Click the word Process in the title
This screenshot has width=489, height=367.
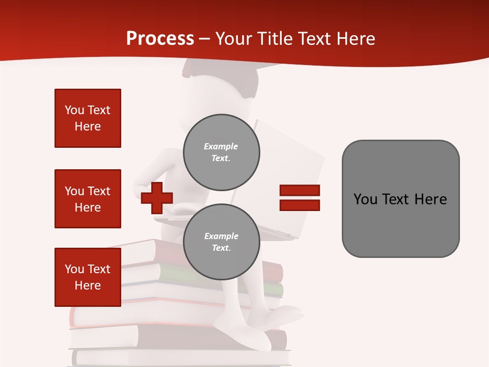point(160,38)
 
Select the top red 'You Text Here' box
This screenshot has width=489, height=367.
point(88,118)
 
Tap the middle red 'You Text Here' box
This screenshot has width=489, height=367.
point(88,199)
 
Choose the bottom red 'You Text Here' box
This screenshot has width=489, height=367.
point(88,277)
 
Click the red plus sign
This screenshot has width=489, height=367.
point(157,197)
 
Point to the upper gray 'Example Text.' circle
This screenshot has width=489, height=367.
point(221,152)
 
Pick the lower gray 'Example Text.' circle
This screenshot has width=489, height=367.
point(221,242)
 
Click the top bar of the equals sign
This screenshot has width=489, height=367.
point(300,190)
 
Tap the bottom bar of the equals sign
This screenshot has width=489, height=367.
point(300,205)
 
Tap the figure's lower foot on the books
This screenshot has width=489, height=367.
point(255,339)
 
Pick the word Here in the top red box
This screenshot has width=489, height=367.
point(88,126)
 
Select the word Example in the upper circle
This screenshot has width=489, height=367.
point(221,146)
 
